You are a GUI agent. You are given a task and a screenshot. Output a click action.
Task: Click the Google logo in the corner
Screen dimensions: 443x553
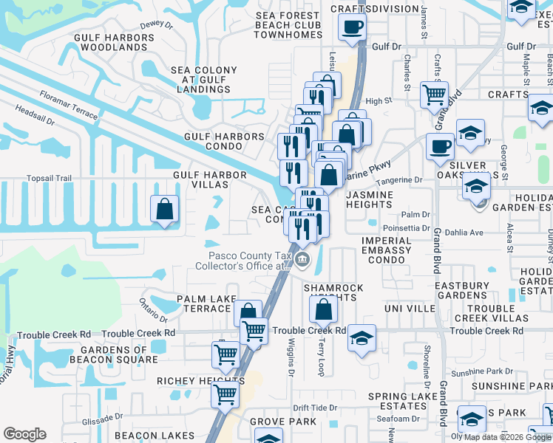tap(25, 434)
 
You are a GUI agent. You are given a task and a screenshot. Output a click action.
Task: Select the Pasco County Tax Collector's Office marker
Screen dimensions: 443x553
tap(302, 260)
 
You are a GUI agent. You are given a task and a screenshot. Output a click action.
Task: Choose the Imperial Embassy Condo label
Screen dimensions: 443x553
tap(387, 250)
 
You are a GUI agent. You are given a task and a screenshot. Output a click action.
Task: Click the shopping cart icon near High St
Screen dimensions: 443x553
tap(434, 94)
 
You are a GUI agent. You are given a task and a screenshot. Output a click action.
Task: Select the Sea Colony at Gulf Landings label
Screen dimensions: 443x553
tap(204, 80)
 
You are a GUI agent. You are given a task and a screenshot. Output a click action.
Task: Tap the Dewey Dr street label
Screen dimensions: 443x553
tap(155, 24)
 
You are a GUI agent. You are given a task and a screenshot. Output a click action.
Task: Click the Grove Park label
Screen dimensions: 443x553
tap(278, 421)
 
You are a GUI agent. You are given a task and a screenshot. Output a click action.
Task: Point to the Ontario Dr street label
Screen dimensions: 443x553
tap(154, 310)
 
